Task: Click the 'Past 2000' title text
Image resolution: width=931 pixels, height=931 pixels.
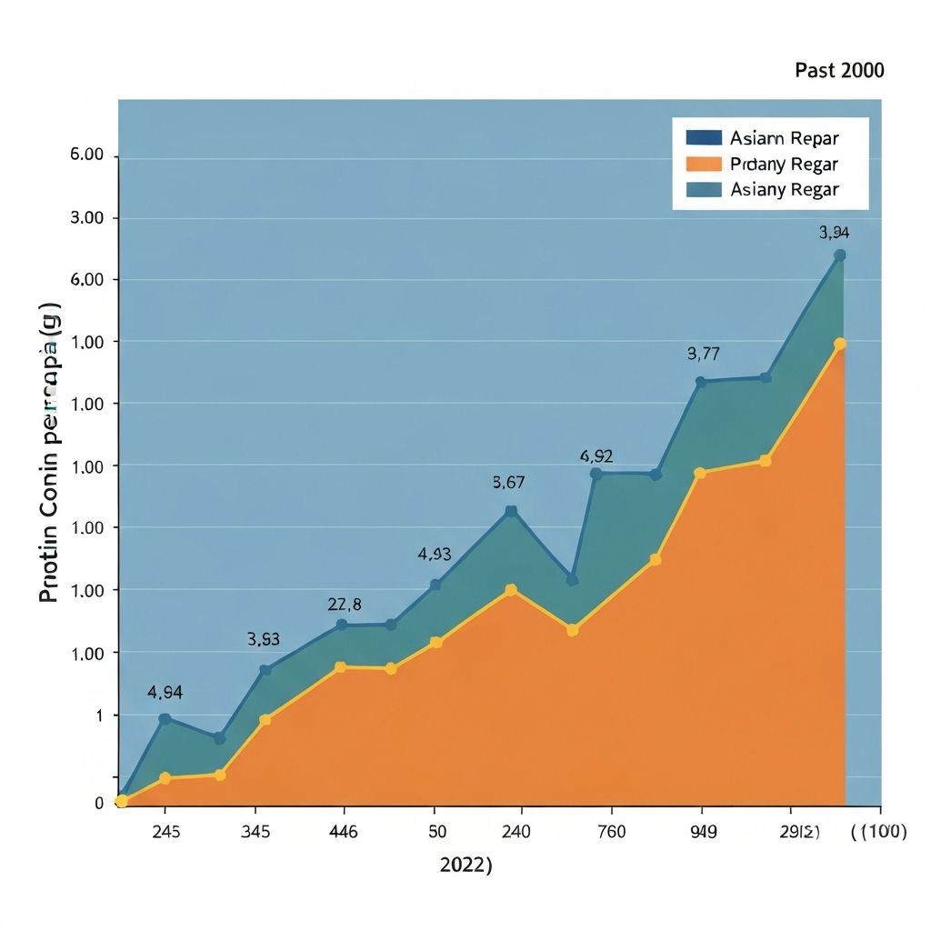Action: coord(838,71)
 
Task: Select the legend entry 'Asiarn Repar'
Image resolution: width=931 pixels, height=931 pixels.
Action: coord(783,138)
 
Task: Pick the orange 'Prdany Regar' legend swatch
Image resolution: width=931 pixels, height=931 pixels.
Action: coord(704,165)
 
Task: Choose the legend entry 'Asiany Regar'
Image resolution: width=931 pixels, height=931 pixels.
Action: coord(783,189)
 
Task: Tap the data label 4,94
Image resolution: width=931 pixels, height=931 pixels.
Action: coord(165,692)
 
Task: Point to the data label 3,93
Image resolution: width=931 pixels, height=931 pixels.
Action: coord(264,639)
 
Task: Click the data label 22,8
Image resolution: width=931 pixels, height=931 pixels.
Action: coord(345,605)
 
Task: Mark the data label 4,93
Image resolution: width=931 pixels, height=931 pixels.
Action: coord(435,554)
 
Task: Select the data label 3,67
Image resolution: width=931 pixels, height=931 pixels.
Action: coord(508,483)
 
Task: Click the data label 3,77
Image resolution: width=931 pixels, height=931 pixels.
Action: coord(703,354)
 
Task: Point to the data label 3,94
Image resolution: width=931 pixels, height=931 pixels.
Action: coord(835,233)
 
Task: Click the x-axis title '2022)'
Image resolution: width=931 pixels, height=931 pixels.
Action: coord(465,865)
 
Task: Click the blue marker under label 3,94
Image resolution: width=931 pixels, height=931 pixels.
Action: coord(840,255)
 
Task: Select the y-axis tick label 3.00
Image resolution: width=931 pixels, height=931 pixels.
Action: coord(87,218)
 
